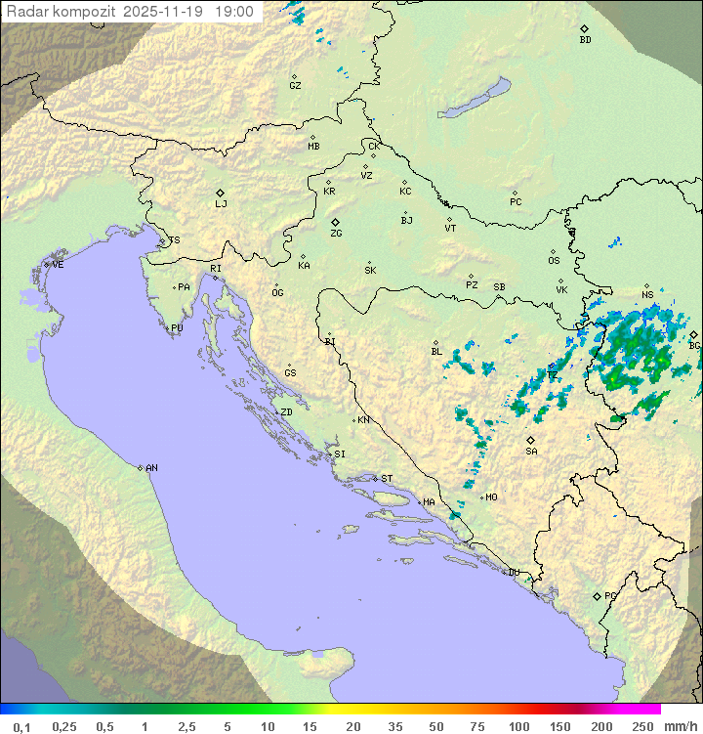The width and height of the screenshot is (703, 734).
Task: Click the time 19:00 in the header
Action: point(234,12)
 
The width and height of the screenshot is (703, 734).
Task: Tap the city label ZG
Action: point(336,234)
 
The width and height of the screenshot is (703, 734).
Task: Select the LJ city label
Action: point(221,203)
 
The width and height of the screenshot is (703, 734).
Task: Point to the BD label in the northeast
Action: point(585,40)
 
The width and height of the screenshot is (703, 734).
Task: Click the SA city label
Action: point(531,451)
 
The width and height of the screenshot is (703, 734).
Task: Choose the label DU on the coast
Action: point(514,573)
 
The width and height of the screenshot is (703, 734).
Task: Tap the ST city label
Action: point(387,479)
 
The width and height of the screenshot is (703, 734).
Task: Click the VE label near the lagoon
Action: point(58,265)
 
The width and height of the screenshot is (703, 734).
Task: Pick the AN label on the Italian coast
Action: point(151,468)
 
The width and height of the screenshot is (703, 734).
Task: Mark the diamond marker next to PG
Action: point(597,596)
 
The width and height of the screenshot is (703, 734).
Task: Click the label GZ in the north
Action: point(295,85)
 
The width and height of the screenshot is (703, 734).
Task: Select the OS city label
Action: point(554,261)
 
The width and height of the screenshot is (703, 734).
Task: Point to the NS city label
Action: point(647,295)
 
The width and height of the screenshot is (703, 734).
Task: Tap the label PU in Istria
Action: point(177,328)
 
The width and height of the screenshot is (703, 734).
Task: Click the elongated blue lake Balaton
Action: point(475,99)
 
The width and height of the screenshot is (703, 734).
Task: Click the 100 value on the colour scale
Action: point(518,726)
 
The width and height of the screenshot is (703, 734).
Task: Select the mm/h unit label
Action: point(677,726)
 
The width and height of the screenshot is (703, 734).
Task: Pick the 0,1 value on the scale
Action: point(21,726)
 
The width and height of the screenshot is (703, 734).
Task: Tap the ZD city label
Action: point(286,412)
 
